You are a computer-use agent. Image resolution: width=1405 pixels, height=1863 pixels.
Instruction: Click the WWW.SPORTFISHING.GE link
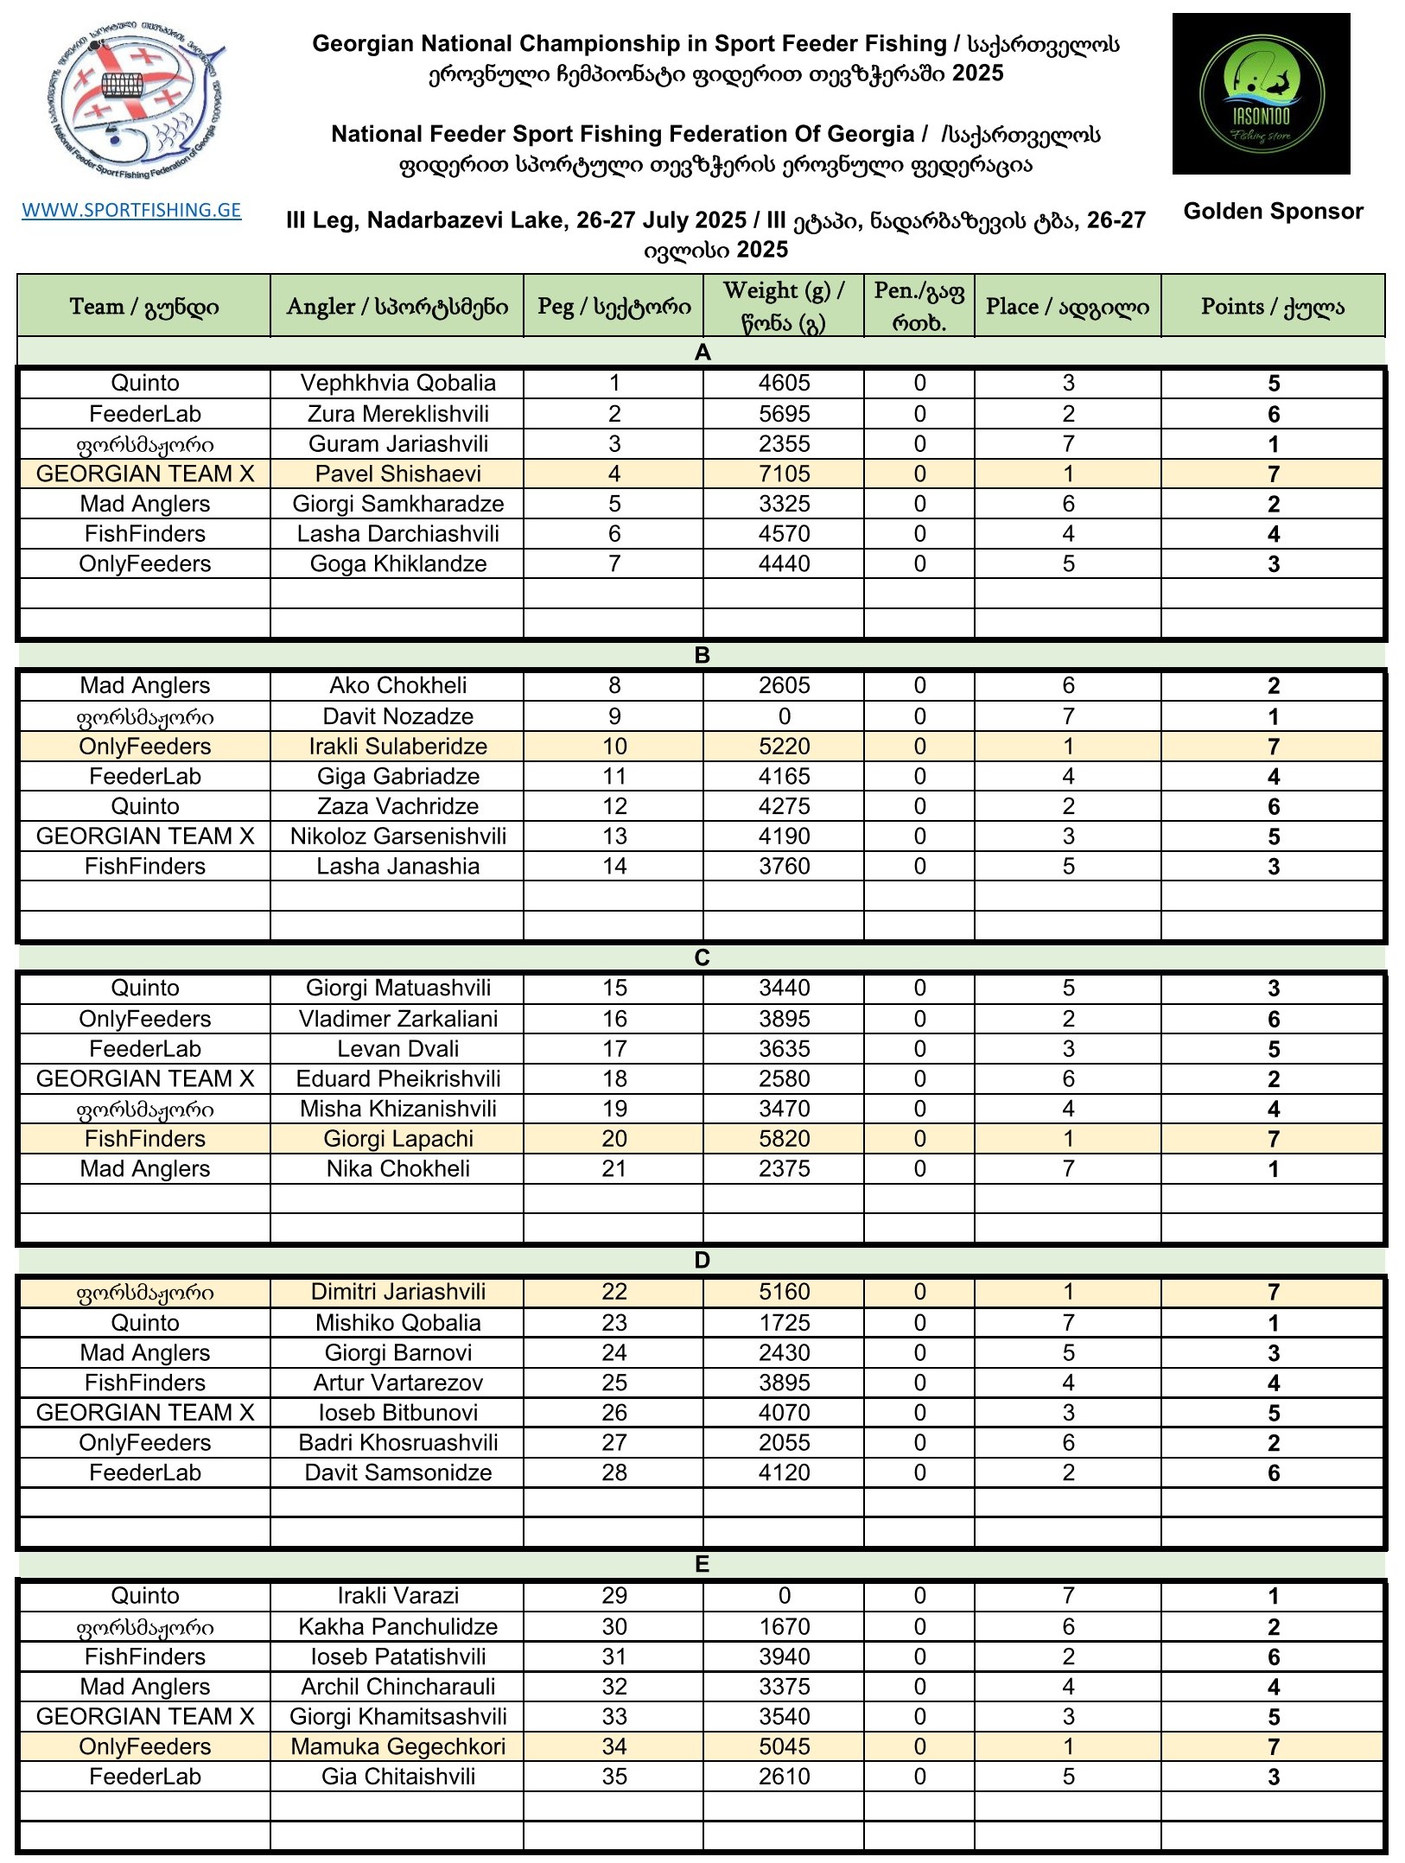(x=131, y=210)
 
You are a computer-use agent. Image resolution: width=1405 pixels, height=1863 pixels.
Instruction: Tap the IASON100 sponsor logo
(x=1261, y=93)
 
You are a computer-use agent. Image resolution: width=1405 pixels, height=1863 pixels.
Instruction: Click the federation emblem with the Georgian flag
(x=135, y=102)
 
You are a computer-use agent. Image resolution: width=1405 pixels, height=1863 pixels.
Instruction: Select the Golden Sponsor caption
(x=1273, y=212)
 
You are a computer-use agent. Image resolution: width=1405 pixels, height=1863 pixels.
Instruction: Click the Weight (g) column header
(x=783, y=306)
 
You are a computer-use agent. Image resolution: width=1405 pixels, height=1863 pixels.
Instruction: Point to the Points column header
(x=1272, y=307)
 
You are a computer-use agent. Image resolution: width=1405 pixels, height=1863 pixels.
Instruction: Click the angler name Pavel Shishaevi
(x=397, y=474)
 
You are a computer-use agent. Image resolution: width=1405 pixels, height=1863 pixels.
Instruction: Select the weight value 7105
(x=784, y=474)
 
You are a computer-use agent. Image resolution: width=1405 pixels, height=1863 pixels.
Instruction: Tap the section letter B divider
(x=702, y=655)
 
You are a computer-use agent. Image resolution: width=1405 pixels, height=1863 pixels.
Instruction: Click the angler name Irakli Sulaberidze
(x=397, y=747)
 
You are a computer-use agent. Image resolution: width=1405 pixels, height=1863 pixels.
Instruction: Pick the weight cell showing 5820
(x=784, y=1139)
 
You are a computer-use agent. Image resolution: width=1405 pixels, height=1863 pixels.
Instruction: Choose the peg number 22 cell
(x=613, y=1292)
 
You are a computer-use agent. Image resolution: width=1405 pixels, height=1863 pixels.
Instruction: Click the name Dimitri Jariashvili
(x=397, y=1292)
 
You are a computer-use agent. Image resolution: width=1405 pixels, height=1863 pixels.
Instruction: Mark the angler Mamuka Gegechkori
(x=397, y=1746)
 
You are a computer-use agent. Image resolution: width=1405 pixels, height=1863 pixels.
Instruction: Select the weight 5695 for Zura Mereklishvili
(x=784, y=414)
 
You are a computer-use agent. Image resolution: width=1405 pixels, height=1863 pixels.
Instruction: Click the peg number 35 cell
(x=613, y=1777)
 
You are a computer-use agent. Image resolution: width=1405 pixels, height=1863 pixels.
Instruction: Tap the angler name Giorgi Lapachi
(x=397, y=1139)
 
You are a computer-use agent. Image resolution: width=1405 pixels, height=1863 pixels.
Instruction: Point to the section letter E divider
(x=702, y=1564)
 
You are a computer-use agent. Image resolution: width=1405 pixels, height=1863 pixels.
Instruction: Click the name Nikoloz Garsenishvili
(x=397, y=836)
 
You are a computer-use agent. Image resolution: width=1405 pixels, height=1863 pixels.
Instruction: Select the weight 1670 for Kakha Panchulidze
(x=784, y=1627)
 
